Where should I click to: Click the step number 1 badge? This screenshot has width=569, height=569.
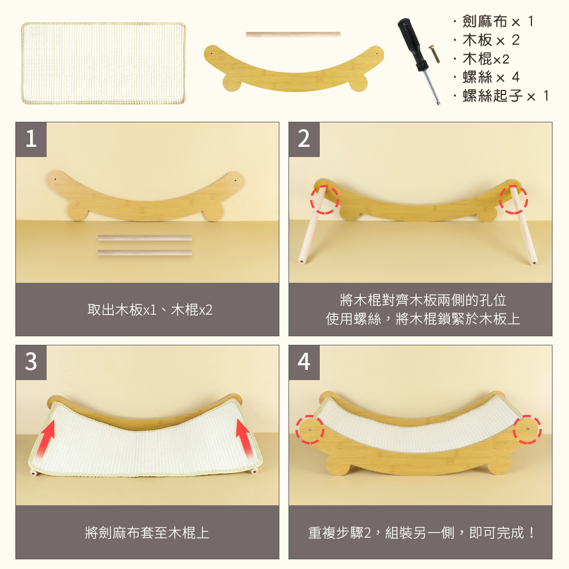(31, 139)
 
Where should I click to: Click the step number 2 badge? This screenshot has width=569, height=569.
(304, 139)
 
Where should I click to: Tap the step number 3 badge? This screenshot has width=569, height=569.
(31, 361)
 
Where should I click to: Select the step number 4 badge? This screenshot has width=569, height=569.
(304, 361)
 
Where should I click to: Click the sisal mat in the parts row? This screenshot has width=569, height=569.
(104, 63)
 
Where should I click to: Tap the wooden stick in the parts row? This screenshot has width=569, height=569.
(293, 35)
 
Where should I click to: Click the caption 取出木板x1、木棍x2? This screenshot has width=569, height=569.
(150, 310)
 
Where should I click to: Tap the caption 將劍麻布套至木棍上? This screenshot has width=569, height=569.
(147, 533)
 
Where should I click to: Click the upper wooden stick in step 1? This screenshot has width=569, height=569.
(145, 238)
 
